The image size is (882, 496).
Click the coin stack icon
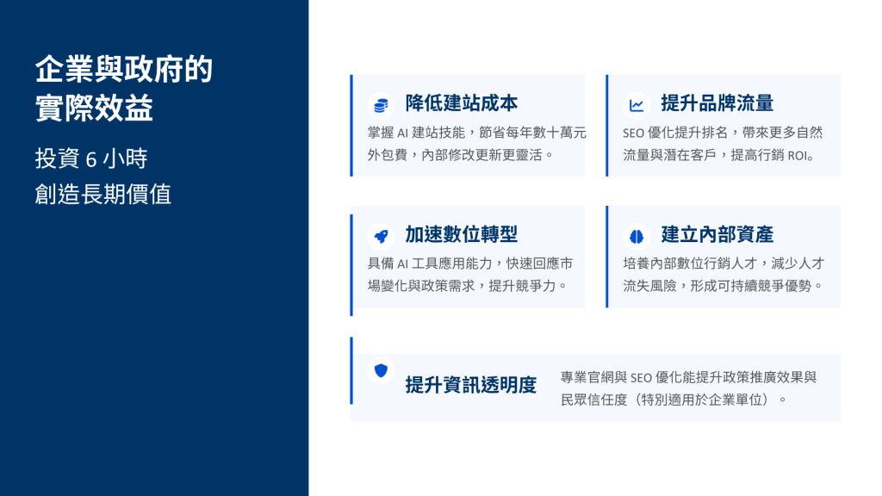click(x=381, y=105)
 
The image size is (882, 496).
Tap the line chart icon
click(x=637, y=105)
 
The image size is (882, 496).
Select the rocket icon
click(x=381, y=236)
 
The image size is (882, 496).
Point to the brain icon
click(x=637, y=236)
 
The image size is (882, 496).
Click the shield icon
click(x=381, y=370)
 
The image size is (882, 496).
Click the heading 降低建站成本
click(x=462, y=103)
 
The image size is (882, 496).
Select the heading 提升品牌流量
click(x=717, y=103)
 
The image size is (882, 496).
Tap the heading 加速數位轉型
click(x=462, y=234)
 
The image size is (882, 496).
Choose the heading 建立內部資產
click(x=717, y=234)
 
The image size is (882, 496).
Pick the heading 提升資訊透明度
click(x=471, y=385)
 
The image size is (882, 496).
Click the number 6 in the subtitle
click(x=91, y=159)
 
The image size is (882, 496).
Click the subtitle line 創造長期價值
click(x=103, y=195)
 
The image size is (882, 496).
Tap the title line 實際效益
click(x=94, y=108)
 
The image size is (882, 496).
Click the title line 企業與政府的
click(x=124, y=70)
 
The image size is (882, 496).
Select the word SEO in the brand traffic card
click(x=633, y=133)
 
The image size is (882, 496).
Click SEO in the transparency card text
click(x=641, y=378)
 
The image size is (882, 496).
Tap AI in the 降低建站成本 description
click(x=403, y=133)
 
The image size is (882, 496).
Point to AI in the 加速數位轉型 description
click(x=403, y=264)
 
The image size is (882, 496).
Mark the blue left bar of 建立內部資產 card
click(x=607, y=257)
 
